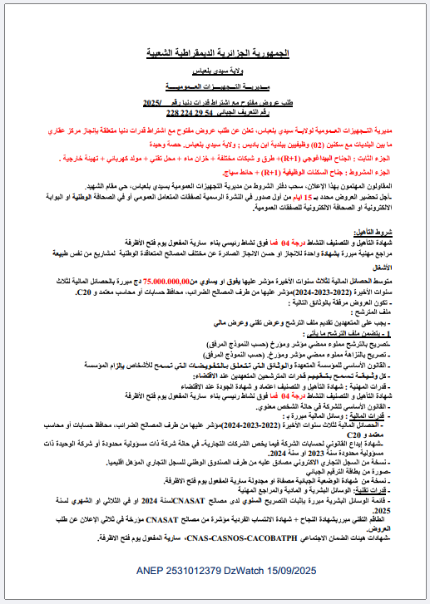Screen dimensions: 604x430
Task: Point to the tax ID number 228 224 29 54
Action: (195, 111)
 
